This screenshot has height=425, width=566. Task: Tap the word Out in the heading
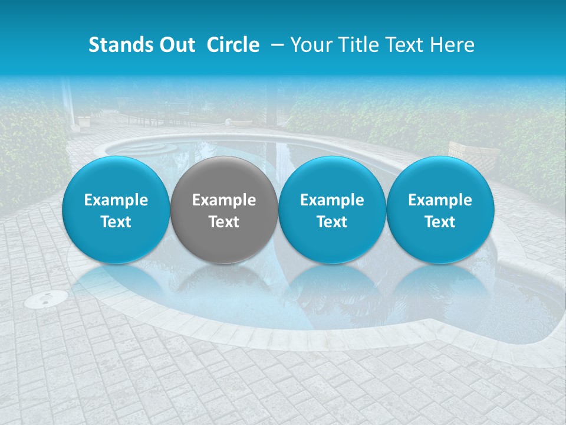(177, 45)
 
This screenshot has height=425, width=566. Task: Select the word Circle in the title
(233, 45)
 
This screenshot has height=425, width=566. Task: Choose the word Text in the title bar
(405, 45)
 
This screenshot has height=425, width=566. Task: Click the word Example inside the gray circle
(224, 200)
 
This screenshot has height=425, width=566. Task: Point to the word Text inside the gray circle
(224, 222)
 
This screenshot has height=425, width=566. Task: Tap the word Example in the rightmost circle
(440, 200)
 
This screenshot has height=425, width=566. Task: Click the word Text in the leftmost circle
(116, 222)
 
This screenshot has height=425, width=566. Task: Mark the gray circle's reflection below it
(224, 283)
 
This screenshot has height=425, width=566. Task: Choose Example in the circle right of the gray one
(332, 200)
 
